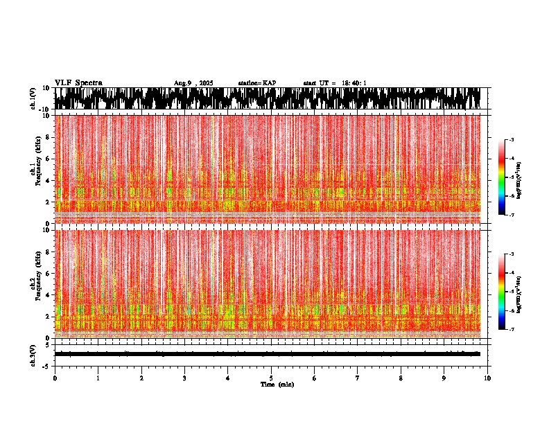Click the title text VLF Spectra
coord(78,82)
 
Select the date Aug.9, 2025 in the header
coord(193,83)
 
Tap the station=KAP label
coord(257,83)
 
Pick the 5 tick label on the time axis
coord(271,378)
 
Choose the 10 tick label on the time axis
coord(488,378)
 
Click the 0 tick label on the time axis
coord(55,378)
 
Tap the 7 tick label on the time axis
coord(358,378)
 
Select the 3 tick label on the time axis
coord(184,378)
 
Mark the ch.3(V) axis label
coord(33,354)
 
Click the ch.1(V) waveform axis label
coord(33,98)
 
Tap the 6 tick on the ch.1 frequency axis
coord(46,159)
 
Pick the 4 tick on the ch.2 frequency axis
coord(46,294)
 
